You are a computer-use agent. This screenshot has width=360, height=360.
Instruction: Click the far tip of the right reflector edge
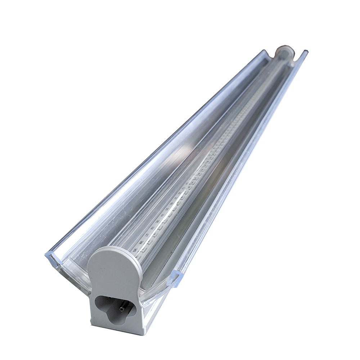(x=306, y=52)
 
